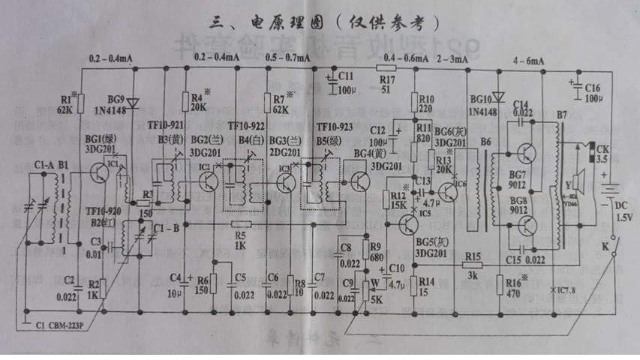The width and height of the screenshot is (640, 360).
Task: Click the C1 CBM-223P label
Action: [56, 325]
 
